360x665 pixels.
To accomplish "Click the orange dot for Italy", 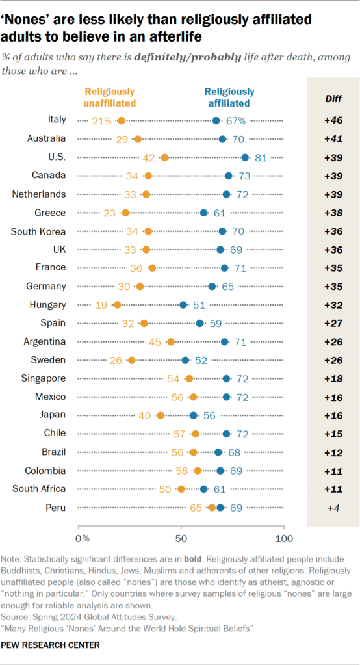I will pos(122,120).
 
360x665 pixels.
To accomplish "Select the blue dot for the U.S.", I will pos(245,157).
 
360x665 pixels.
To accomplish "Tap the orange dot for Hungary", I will pos(118,304).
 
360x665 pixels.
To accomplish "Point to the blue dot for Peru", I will pos(220,508).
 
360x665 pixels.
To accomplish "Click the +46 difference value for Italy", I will pos(333,120).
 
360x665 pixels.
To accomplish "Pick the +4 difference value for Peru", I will pos(333,508).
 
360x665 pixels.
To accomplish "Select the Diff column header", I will pos(333,99).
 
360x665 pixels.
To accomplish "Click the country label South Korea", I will pos(43,231).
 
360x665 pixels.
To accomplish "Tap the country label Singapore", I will pos(44,378).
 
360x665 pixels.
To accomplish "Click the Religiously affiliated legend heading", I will pos(229,97).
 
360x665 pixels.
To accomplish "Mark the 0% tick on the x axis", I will pos(82,538).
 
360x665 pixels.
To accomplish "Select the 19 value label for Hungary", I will pos(103,304).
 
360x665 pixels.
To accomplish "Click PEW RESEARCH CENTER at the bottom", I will pos(51,645).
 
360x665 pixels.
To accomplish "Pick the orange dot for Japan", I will pos(161,415).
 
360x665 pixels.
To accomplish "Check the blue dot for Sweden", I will pos(185,360).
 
